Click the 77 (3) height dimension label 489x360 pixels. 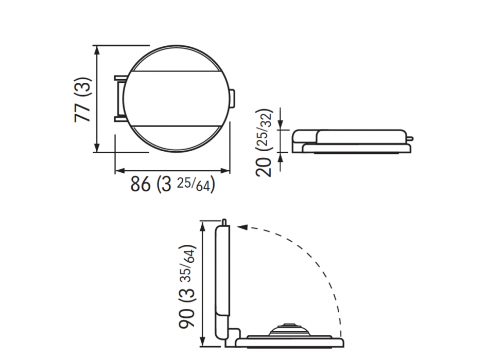coord(83,100)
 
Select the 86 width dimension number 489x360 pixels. coord(141,184)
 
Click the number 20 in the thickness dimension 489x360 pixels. coord(264,167)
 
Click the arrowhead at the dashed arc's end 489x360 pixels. coord(242,227)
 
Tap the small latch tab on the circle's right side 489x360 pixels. coord(232,99)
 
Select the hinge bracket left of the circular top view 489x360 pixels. coord(120,99)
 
